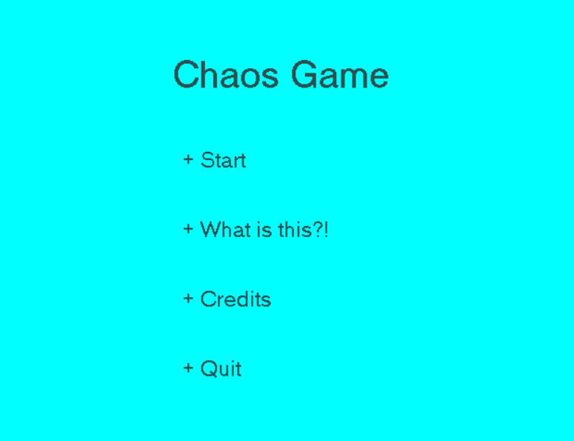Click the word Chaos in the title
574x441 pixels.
click(226, 74)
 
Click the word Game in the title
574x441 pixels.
click(340, 74)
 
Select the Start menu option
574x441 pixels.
click(223, 160)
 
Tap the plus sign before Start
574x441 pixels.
click(188, 159)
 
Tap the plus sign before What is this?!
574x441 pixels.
click(188, 229)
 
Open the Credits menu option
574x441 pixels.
click(236, 299)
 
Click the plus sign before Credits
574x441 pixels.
click(188, 299)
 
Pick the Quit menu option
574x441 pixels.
click(221, 369)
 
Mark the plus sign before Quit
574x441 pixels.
click(188, 368)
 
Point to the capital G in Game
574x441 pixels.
click(304, 74)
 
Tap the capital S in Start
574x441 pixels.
click(207, 160)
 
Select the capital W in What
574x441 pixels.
click(211, 230)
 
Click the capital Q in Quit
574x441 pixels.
click(208, 369)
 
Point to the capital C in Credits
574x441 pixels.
click(207, 299)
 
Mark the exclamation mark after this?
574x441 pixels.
click(326, 230)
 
